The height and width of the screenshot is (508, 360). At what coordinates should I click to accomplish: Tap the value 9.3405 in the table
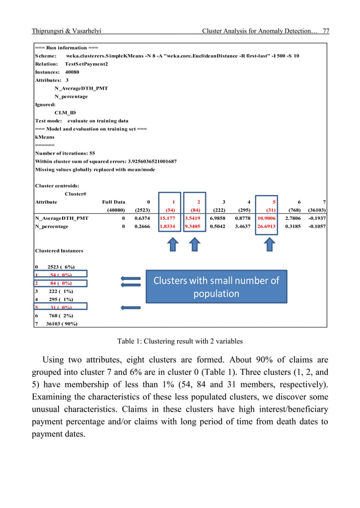coord(196,226)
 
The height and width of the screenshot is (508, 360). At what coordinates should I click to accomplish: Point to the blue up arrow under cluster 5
coord(270,244)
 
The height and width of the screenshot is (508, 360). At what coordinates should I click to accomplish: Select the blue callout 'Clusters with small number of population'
coord(217,287)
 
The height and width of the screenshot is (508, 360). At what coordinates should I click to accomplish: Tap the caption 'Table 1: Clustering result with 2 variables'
coord(180,341)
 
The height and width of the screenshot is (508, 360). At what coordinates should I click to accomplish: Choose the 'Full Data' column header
coord(113,201)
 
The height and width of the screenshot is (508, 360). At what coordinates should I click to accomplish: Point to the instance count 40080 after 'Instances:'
coord(71,72)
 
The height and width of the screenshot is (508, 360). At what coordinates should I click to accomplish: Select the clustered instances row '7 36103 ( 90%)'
coord(56,324)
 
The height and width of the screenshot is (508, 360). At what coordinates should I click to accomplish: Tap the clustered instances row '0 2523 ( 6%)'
coord(55,267)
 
